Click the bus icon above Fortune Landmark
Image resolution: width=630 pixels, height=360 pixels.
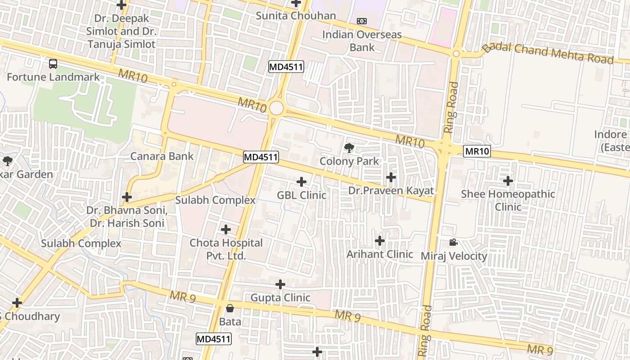tap(53, 64)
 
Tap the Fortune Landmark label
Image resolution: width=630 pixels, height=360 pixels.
tap(53, 77)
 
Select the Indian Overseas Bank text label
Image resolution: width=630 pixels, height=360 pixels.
tap(362, 40)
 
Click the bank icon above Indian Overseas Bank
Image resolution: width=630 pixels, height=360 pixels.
tap(361, 21)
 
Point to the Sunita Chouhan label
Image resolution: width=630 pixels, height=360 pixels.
tap(296, 16)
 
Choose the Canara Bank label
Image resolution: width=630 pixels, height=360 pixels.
tap(162, 156)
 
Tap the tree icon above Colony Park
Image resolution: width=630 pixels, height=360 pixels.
tap(349, 148)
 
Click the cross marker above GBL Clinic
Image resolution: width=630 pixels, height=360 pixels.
tap(301, 182)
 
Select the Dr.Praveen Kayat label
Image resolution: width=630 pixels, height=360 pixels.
tap(391, 190)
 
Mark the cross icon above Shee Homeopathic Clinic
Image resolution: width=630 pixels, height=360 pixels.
tap(508, 181)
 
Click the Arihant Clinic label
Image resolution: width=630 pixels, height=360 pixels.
tap(379, 254)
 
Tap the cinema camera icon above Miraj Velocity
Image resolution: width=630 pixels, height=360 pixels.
tap(453, 243)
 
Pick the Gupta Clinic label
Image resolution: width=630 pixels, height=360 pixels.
tap(280, 297)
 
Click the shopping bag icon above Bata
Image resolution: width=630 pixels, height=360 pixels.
tap(230, 308)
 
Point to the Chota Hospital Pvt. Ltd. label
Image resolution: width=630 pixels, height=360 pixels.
tap(226, 249)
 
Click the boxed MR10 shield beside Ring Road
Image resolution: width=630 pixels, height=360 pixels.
tap(477, 151)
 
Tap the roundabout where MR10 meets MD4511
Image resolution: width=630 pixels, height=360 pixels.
tap(276, 108)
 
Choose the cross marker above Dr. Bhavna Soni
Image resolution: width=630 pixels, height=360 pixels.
tap(127, 197)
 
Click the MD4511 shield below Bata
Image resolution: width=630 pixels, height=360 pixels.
tap(214, 339)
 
